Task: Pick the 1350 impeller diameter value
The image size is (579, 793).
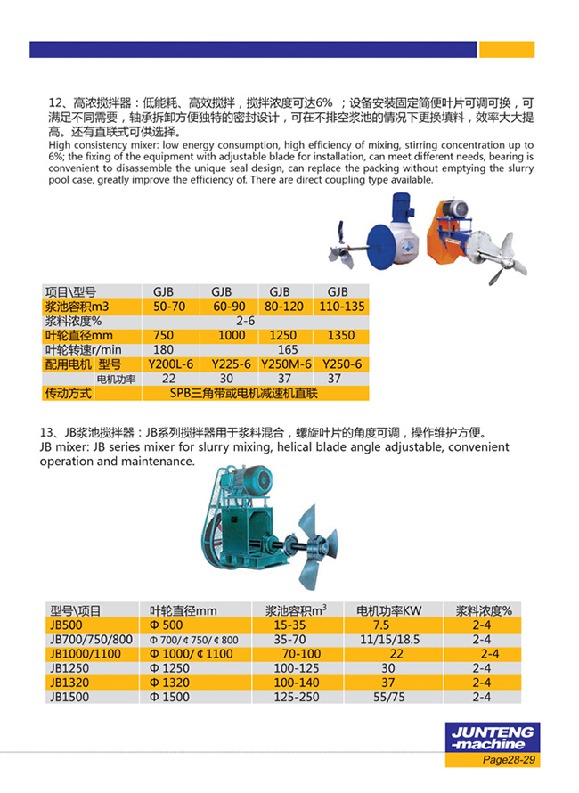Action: tap(340, 335)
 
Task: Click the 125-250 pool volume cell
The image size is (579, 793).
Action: tap(296, 697)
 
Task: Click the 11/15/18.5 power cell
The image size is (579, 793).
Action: tap(388, 640)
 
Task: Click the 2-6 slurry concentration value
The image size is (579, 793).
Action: tap(246, 321)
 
